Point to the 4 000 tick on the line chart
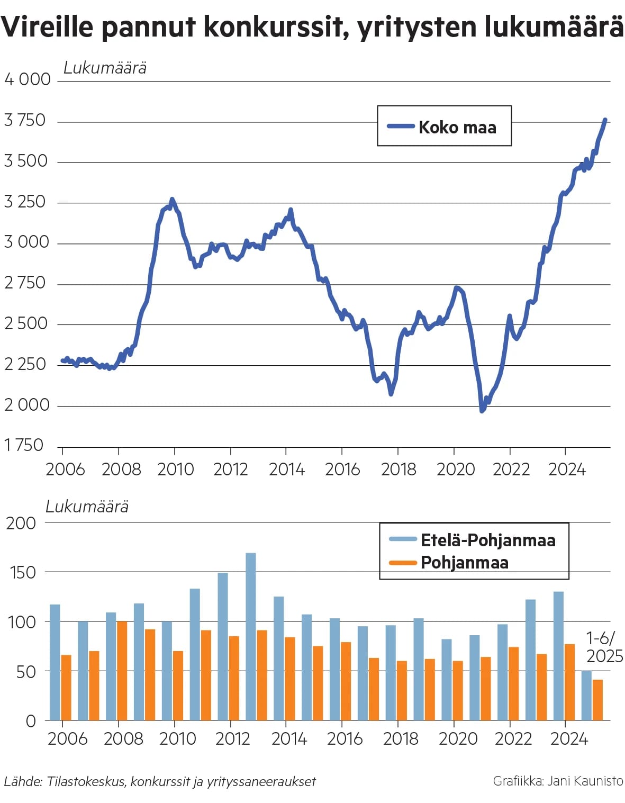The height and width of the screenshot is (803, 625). (28, 79)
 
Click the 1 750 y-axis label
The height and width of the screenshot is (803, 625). (24, 445)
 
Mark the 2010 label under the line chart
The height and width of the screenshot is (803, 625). (176, 469)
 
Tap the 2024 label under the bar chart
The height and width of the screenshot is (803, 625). (569, 738)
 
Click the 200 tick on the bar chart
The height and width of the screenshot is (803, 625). (21, 523)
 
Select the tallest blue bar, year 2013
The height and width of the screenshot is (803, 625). (251, 635)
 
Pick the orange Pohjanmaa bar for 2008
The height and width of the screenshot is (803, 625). (122, 670)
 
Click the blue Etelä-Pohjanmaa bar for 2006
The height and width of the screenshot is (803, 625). (55, 662)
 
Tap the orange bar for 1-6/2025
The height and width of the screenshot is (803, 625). (597, 700)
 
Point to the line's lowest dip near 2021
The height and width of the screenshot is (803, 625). (482, 410)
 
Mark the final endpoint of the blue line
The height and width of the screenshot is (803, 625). (605, 120)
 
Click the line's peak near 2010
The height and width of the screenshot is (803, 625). (172, 200)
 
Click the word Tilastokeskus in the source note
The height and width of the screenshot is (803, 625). (85, 781)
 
